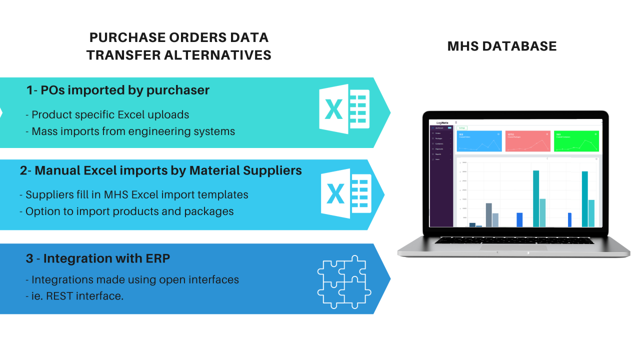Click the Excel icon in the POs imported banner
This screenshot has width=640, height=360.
tap(344, 112)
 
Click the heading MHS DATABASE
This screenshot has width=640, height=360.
tap(502, 46)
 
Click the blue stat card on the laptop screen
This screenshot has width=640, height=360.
tap(479, 141)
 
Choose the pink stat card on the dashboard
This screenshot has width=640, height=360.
tap(527, 141)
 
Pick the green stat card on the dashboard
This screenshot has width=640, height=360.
tap(576, 141)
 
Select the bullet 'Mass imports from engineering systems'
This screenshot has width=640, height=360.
tap(133, 131)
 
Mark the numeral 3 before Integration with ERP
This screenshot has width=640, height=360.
tap(30, 258)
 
